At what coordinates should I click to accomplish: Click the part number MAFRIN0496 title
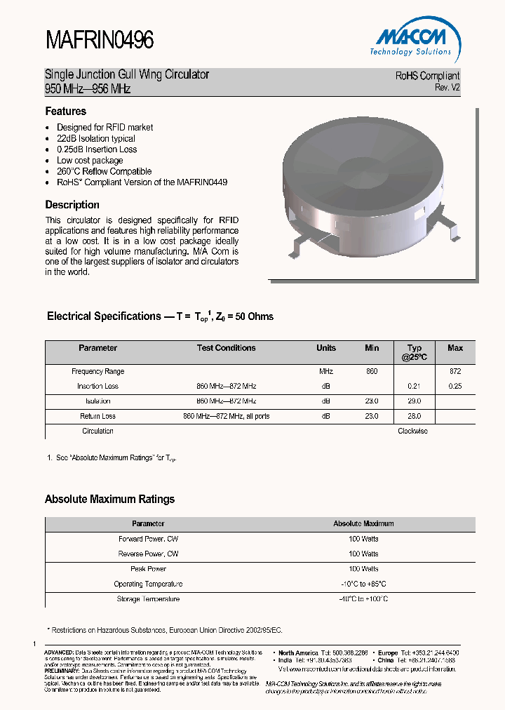click(99, 41)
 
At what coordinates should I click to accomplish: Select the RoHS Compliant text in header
click(427, 76)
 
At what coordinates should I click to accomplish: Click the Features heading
click(66, 111)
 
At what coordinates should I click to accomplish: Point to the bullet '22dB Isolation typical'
click(96, 138)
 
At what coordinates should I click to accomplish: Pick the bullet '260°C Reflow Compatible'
click(104, 171)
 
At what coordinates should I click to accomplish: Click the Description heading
click(72, 205)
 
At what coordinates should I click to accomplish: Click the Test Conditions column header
click(226, 348)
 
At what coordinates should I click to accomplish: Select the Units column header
click(326, 348)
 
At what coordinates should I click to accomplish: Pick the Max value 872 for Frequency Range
click(455, 371)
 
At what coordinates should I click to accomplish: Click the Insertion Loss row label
click(98, 387)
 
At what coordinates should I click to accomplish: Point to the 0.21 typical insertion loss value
click(414, 387)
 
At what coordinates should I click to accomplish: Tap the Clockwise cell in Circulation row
click(412, 431)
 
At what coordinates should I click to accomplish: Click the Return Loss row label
click(98, 416)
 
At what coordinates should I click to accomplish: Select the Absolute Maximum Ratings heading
click(109, 500)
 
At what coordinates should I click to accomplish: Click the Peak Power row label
click(148, 569)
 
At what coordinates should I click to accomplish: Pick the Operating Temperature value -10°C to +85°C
click(363, 584)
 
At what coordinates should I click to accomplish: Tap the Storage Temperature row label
click(148, 599)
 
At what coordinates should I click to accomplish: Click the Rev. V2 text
click(447, 88)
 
